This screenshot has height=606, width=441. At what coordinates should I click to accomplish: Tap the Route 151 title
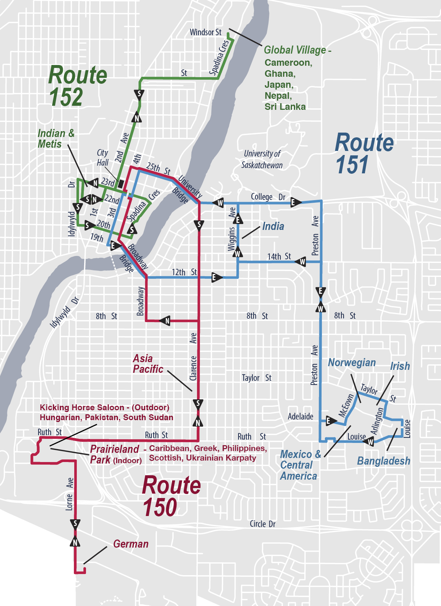[364, 154]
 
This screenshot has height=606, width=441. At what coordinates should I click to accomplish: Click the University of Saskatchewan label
[262, 159]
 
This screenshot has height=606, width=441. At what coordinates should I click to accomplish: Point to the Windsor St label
[205, 32]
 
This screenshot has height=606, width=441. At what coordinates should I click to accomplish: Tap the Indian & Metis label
[56, 138]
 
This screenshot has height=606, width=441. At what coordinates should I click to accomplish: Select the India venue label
[273, 226]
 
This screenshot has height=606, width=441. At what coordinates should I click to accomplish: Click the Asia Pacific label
[148, 364]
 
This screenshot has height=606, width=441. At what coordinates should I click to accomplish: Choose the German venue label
[131, 544]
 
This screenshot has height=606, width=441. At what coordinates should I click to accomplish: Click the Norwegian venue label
[352, 362]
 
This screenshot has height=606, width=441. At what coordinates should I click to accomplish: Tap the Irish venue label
[400, 366]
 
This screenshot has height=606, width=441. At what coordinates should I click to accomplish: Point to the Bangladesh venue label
[384, 461]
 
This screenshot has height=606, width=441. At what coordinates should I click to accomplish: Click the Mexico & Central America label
[300, 465]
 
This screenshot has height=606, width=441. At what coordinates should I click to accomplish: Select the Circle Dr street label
[262, 524]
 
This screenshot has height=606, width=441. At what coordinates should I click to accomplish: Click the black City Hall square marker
[121, 184]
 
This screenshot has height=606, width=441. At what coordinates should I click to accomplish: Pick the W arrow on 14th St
[301, 261]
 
